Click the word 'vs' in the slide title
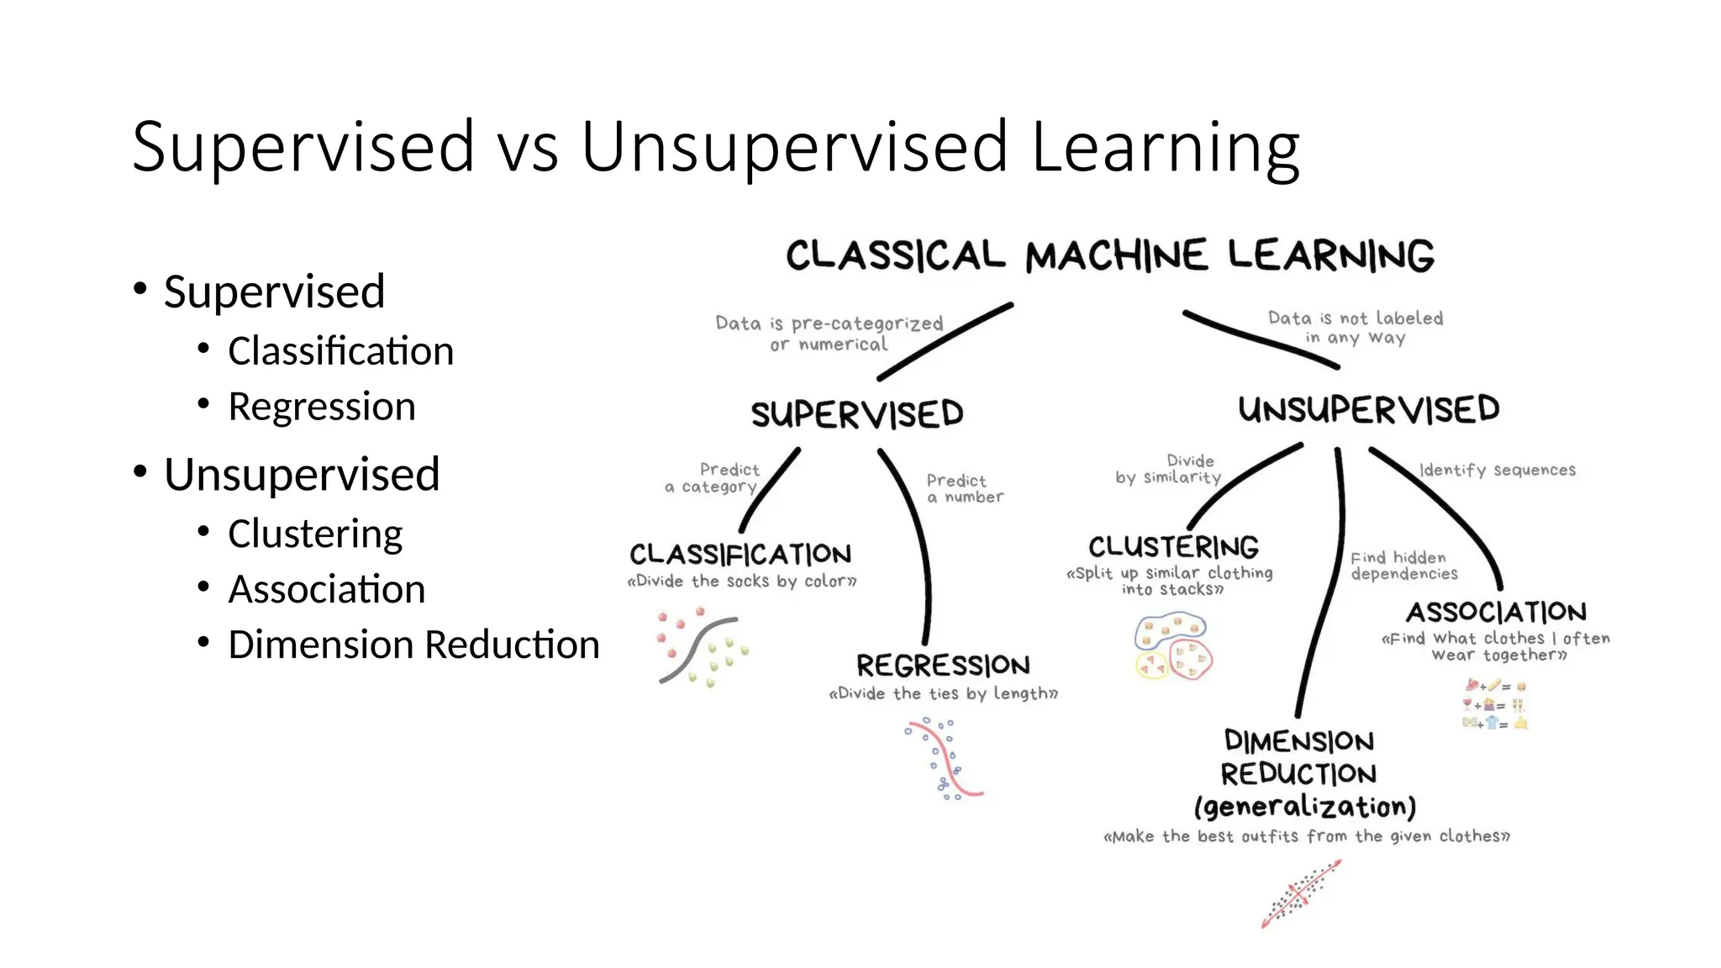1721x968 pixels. [527, 148]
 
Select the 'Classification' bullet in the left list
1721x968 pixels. [340, 351]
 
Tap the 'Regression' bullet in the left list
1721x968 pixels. [322, 407]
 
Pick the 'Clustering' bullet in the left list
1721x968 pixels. [315, 534]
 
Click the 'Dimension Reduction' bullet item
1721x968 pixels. [413, 645]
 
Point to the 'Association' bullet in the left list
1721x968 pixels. [327, 589]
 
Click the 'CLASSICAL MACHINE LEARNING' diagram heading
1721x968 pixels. [1109, 255]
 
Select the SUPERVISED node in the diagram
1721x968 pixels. [857, 414]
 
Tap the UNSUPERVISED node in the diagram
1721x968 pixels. [1369, 410]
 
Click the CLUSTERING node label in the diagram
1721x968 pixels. [1174, 547]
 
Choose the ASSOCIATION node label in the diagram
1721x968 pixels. [1497, 612]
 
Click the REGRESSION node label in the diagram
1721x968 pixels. [943, 665]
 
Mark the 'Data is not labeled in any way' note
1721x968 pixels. [1355, 328]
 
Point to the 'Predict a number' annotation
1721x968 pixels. [964, 488]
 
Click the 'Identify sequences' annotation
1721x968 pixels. [1497, 471]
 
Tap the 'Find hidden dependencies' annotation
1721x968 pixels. [1403, 566]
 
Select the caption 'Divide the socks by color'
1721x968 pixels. [742, 581]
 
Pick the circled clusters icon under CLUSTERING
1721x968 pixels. [1173, 646]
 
